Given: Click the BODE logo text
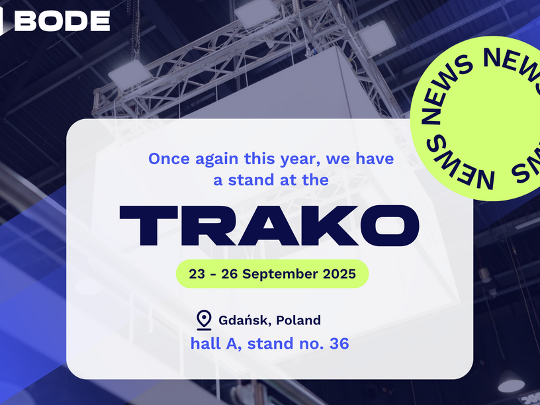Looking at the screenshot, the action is (62, 21).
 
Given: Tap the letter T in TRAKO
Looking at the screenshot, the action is (149, 225).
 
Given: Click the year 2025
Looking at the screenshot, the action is (339, 274).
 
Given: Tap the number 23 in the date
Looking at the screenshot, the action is (197, 274).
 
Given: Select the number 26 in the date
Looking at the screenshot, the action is (230, 274).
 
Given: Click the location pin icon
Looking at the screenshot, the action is (204, 320).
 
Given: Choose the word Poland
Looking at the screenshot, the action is (298, 320).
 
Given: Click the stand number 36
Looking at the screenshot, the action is (339, 343).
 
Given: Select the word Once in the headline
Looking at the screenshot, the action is (169, 159).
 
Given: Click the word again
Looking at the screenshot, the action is (217, 159).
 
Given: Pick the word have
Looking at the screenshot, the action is (375, 158).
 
